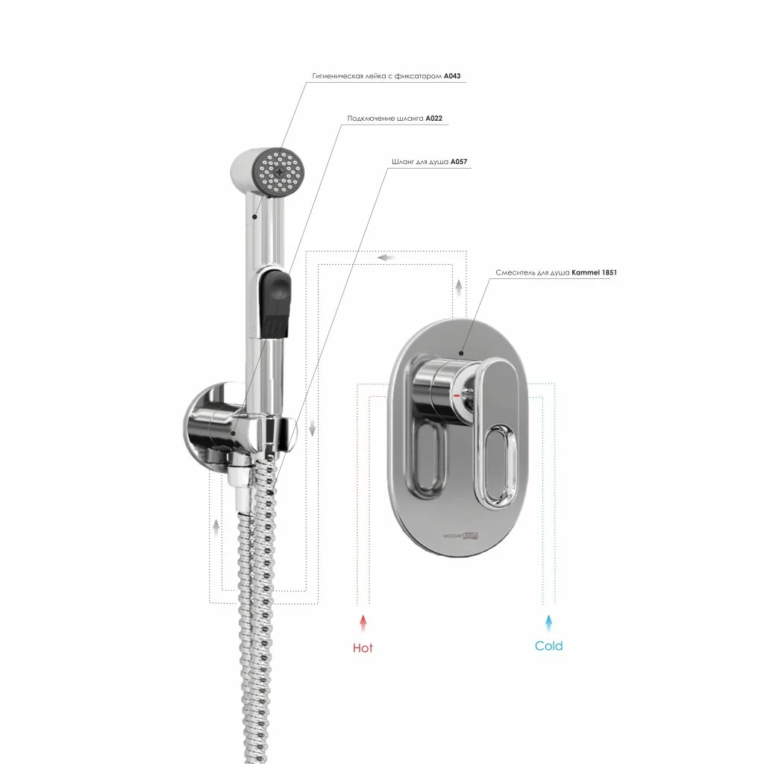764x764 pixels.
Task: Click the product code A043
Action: [451, 76]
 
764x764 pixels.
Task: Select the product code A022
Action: [433, 119]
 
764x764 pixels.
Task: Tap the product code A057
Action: [459, 162]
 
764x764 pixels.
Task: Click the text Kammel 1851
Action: [594, 272]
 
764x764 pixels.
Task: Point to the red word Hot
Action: [363, 648]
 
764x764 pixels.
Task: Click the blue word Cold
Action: [548, 646]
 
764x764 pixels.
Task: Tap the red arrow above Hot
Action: [363, 624]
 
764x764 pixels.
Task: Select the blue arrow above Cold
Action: [548, 623]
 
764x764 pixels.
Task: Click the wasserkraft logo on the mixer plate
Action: [460, 536]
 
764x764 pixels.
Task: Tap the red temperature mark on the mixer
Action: [457, 395]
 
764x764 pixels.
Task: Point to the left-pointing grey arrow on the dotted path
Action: [386, 257]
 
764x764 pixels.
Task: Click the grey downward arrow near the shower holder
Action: [313, 428]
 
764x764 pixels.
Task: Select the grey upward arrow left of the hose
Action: [216, 529]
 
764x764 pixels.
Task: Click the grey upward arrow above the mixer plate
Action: [459, 288]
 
